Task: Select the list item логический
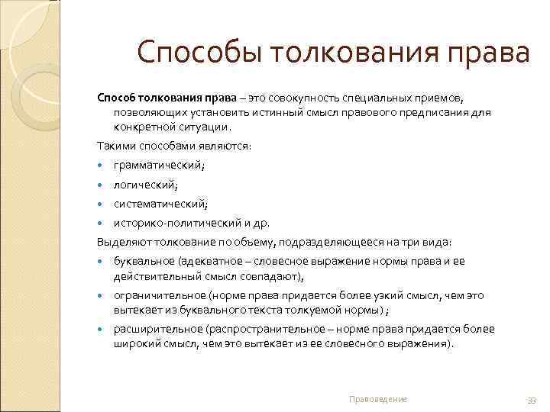click(x=145, y=185)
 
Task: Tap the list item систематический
click(x=160, y=204)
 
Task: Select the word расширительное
click(x=153, y=330)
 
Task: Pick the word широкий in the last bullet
click(x=135, y=343)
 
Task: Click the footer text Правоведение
click(x=378, y=400)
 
